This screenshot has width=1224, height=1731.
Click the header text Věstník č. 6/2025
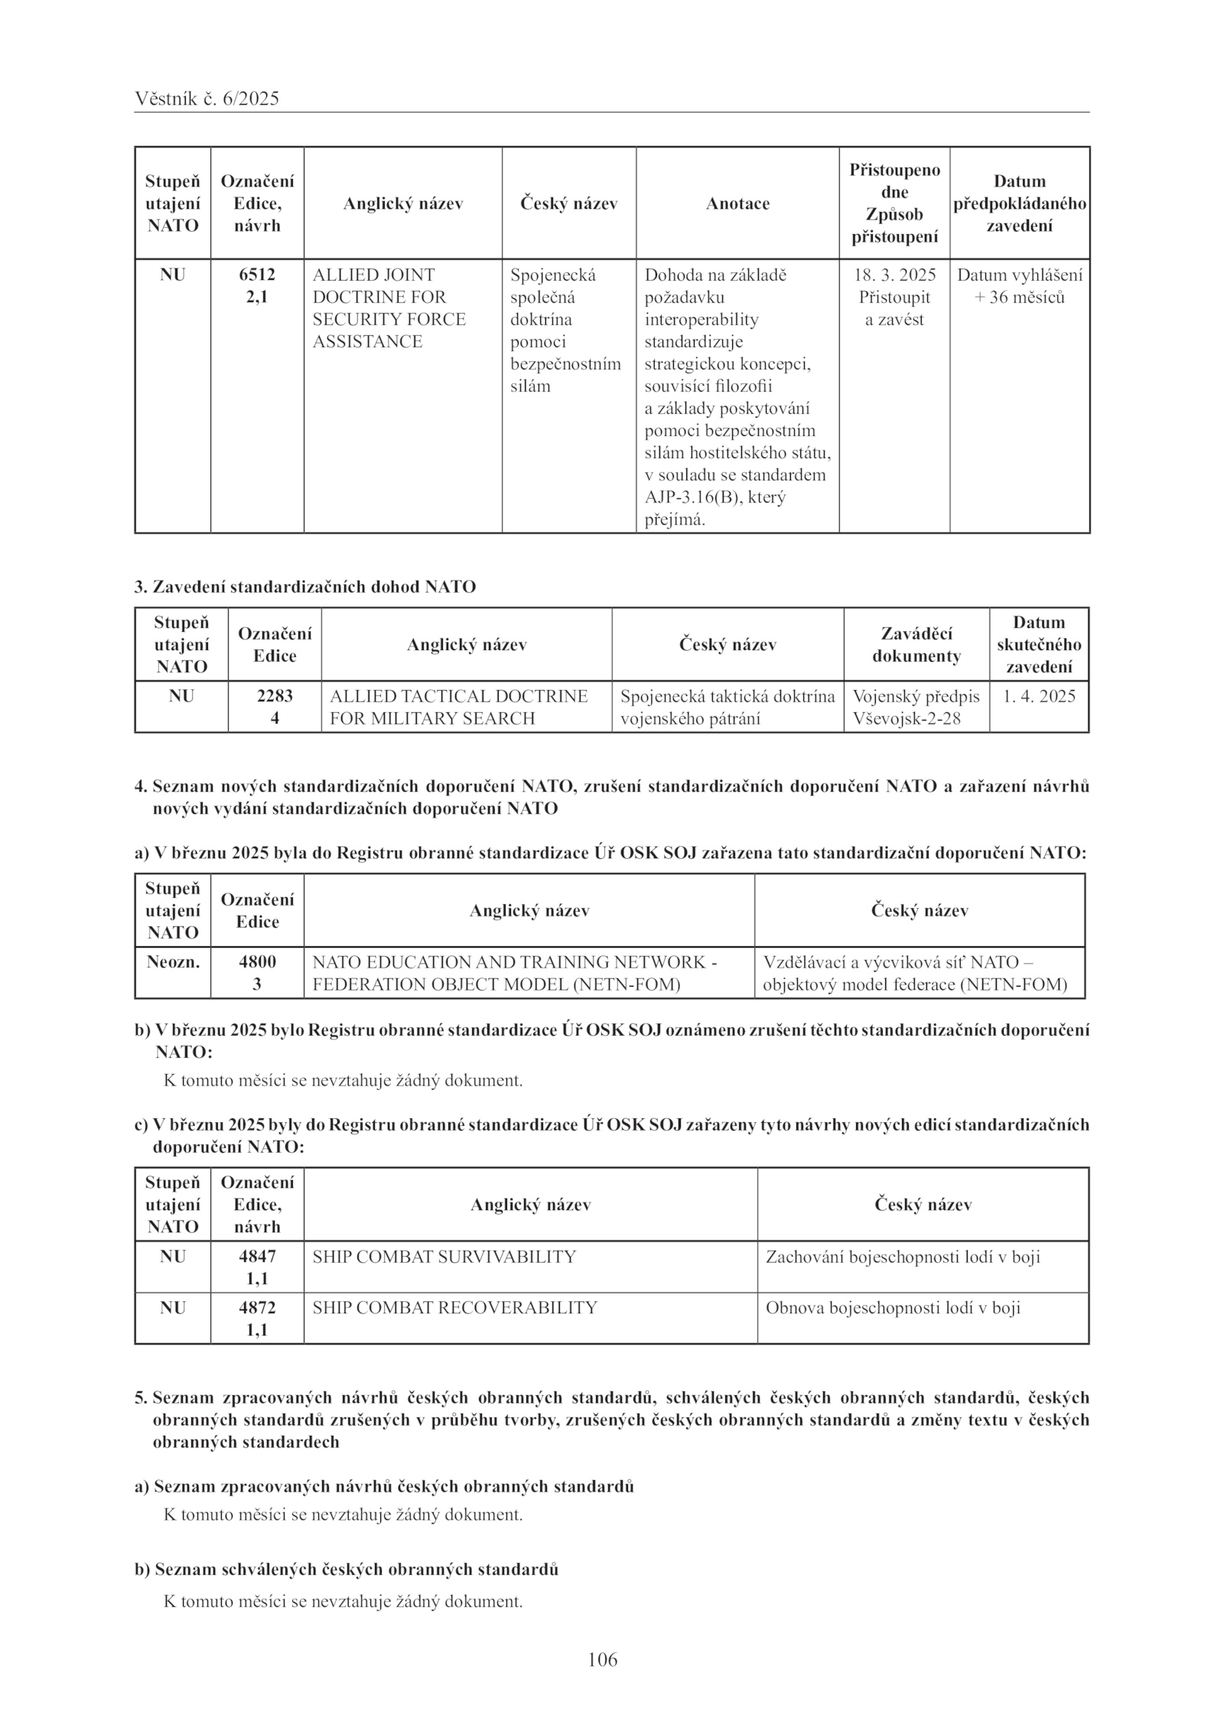click(207, 99)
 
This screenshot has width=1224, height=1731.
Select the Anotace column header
click(737, 203)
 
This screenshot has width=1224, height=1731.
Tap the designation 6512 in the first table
click(257, 275)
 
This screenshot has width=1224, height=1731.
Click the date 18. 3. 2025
click(894, 275)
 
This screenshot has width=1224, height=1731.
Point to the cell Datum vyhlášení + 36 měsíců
click(1020, 286)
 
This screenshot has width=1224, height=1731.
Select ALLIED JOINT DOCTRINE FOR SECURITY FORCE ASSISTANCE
click(389, 307)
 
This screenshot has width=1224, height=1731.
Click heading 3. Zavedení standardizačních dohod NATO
click(304, 587)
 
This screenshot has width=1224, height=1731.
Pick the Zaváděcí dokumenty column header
click(916, 644)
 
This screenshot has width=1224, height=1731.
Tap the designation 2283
click(275, 696)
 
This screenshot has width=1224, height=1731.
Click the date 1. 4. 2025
click(1039, 696)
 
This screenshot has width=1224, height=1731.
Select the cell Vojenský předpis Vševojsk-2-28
click(916, 707)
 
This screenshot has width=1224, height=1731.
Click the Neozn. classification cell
click(173, 961)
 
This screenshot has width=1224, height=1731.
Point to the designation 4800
click(257, 961)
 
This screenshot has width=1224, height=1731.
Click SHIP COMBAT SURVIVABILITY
click(444, 1257)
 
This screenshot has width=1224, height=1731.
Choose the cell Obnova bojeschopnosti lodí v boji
click(893, 1307)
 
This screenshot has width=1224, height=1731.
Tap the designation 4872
click(257, 1307)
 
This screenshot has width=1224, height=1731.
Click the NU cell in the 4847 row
click(173, 1257)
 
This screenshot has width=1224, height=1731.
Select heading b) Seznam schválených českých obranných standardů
click(347, 1569)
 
